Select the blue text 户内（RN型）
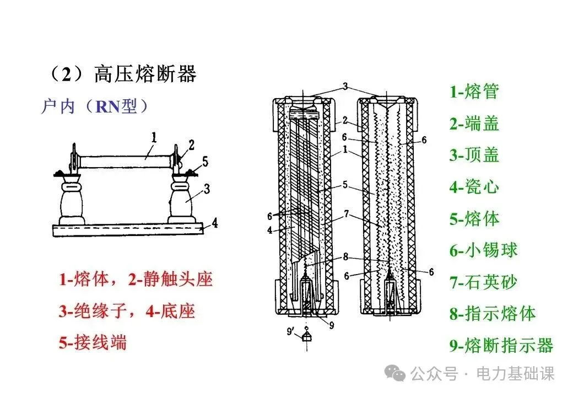click(95, 106)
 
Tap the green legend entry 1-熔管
click(474, 91)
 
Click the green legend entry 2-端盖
click(474, 123)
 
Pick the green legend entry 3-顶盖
click(474, 155)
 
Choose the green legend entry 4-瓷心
click(474, 187)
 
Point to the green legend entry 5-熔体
click(474, 219)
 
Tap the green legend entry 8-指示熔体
click(493, 314)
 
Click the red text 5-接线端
click(93, 343)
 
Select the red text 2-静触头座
click(171, 280)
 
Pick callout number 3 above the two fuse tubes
click(345, 86)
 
